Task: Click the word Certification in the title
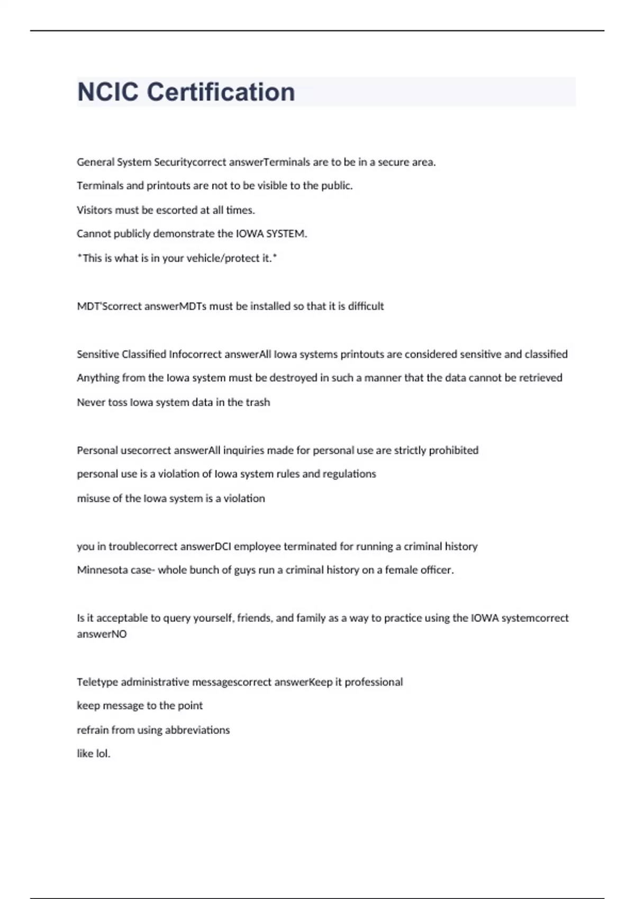pos(221,92)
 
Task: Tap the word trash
pos(258,402)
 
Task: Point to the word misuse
pos(93,499)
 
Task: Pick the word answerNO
pos(102,634)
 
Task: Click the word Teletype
pos(97,682)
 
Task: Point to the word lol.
pos(102,754)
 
